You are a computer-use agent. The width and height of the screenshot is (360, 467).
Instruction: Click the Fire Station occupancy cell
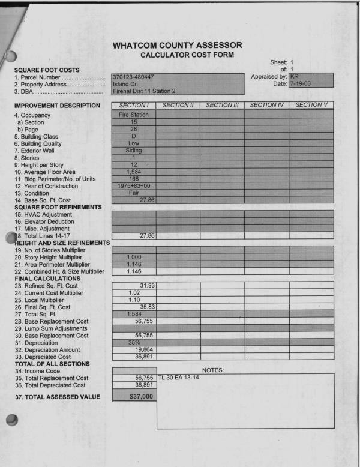point(133,114)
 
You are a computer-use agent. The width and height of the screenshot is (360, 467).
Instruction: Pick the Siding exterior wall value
point(133,152)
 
